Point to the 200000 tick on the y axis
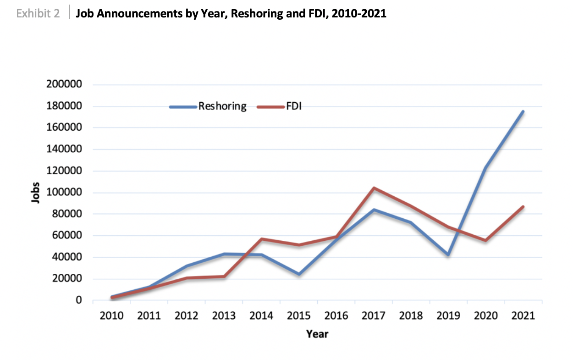[64, 85]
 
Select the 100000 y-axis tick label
[64, 193]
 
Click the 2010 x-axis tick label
[111, 316]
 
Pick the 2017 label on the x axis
[374, 316]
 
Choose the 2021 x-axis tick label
[523, 316]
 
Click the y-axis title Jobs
[35, 193]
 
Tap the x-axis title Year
[317, 334]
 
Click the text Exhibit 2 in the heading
[38, 14]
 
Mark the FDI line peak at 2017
[374, 188]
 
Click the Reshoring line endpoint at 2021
[523, 111]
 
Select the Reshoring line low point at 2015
[299, 274]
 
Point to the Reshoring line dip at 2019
[448, 255]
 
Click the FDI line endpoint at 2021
[523, 207]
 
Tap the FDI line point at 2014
[261, 239]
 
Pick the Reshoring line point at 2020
[485, 168]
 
